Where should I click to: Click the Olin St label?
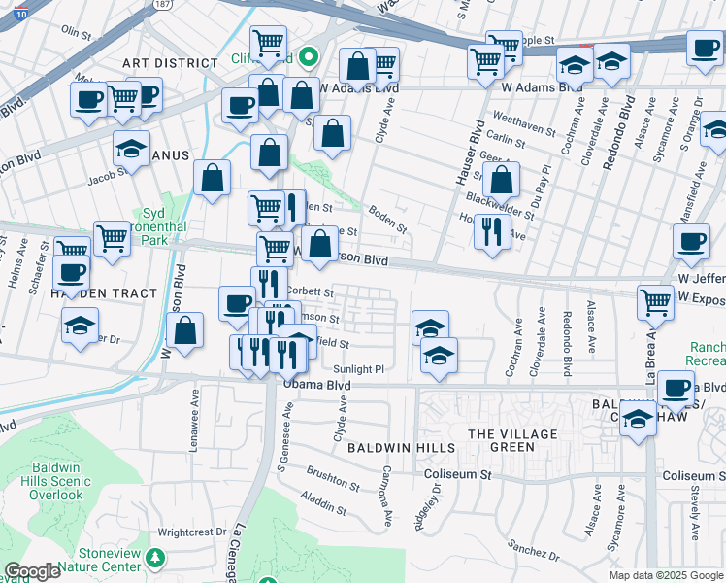point(76,31)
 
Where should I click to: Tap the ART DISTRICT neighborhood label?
point(170,63)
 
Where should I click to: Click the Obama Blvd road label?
point(316,385)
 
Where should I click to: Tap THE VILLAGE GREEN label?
point(514,440)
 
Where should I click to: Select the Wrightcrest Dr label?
point(191,532)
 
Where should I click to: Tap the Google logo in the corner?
point(32,571)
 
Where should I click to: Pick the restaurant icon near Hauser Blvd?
point(492,230)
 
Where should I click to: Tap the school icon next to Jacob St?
point(131,148)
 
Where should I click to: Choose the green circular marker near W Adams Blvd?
point(309,59)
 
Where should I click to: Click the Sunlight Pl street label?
point(359,369)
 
